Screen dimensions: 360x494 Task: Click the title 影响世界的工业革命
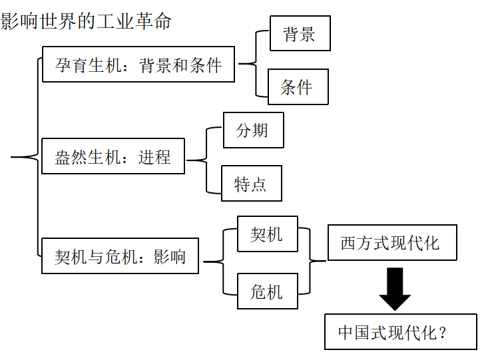(x=86, y=21)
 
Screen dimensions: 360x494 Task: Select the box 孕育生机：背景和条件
(x=138, y=65)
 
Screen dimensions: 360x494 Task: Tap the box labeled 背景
(x=300, y=33)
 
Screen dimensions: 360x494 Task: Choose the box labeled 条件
(x=298, y=87)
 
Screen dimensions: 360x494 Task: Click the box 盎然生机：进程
(x=113, y=156)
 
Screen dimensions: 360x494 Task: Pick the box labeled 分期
(x=253, y=130)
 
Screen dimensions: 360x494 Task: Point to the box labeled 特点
(x=251, y=184)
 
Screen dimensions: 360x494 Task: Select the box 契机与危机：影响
(x=120, y=256)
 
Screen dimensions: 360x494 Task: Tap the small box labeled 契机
(x=267, y=234)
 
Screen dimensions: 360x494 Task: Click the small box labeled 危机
(x=267, y=291)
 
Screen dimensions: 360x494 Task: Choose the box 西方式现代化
(x=391, y=242)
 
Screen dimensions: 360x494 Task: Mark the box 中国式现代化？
(x=400, y=331)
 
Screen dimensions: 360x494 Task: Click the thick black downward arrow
(x=395, y=288)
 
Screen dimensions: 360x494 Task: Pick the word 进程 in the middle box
(x=154, y=157)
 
